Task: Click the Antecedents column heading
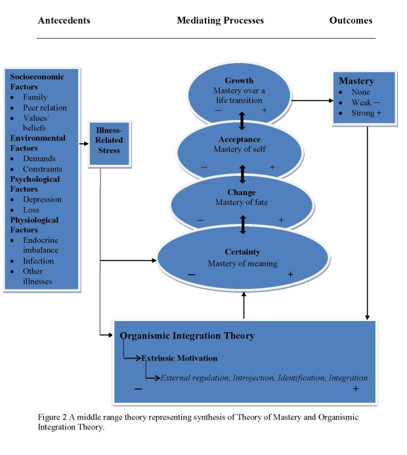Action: [64, 20]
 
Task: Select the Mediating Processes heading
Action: [220, 20]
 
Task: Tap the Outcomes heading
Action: [351, 20]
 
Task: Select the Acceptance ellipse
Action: [240, 148]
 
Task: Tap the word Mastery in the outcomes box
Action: [356, 81]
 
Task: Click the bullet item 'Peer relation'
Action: [45, 108]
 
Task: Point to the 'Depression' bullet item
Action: [43, 200]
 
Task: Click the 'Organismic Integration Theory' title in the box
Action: [187, 336]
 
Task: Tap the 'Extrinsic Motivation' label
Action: [179, 358]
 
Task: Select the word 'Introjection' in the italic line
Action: [252, 378]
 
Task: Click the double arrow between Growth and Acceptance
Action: [242, 121]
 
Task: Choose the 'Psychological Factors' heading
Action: [35, 184]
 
